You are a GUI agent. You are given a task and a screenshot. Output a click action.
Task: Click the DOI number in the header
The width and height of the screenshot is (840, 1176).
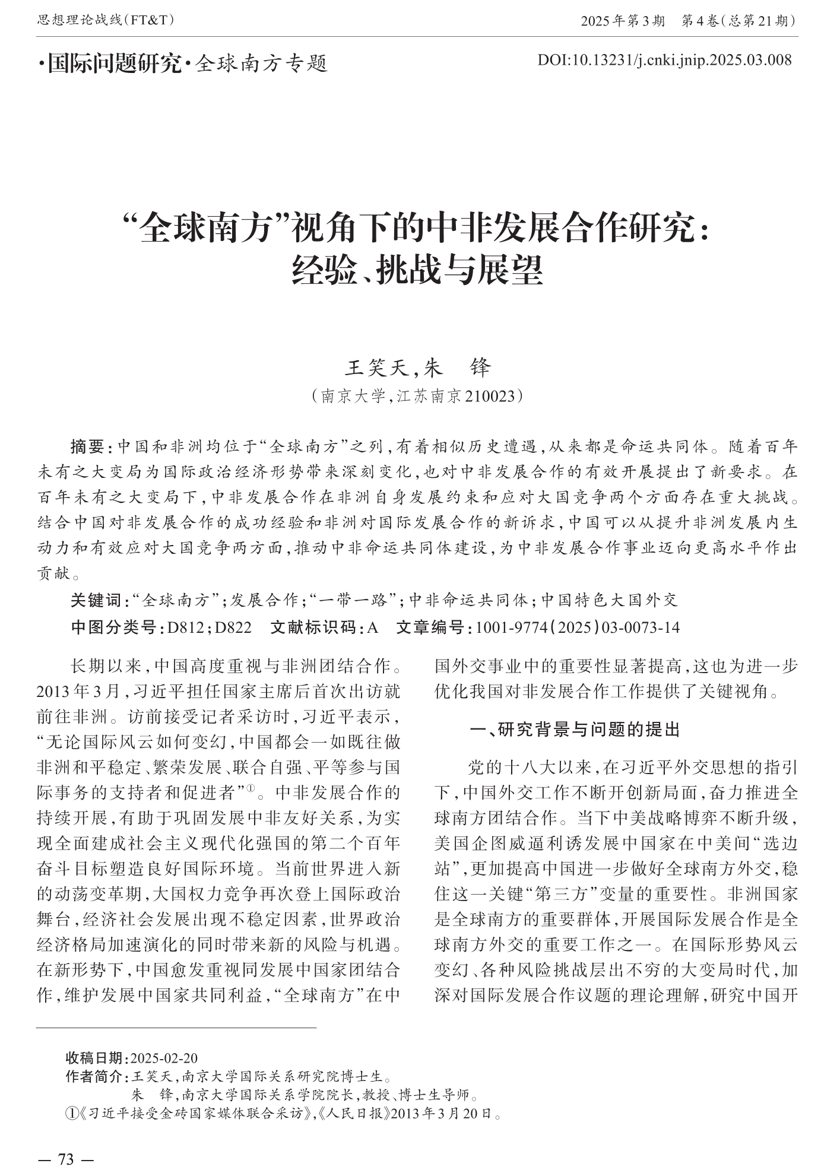point(664,59)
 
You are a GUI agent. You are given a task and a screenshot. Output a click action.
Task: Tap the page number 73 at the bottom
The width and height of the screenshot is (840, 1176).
point(65,1158)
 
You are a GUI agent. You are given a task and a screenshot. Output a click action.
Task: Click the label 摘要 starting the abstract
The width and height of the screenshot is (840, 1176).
point(87,446)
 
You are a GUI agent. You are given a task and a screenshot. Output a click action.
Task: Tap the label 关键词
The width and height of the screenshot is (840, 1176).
point(96,600)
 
